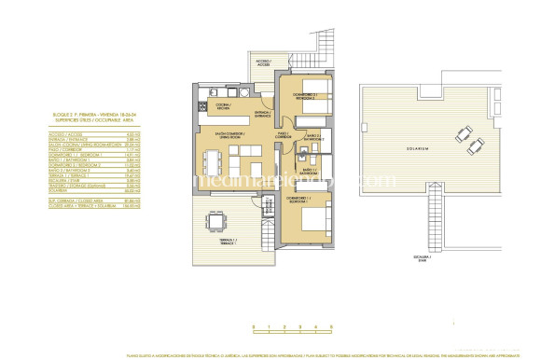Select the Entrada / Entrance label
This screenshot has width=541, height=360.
click(262, 117)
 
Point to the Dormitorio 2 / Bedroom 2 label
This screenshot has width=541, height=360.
click(304, 96)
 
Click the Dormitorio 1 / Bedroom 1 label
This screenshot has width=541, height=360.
click(303, 201)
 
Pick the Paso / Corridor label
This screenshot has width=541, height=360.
click(282, 135)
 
